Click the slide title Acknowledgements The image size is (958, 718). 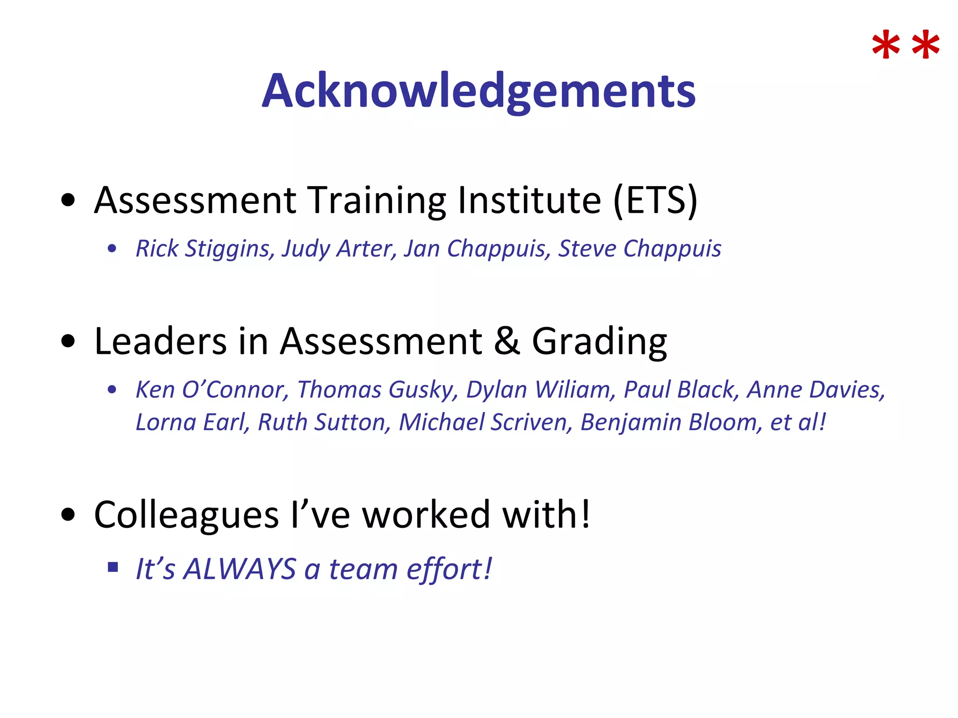(479, 91)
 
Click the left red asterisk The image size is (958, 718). (885, 46)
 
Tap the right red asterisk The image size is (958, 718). (926, 46)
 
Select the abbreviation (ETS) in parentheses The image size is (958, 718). (655, 200)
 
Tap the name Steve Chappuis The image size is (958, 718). (639, 248)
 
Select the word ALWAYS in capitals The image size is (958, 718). (239, 569)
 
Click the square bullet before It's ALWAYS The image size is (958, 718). (113, 567)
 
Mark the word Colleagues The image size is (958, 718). (186, 515)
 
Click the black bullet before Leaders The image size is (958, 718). (68, 341)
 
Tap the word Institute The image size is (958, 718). (529, 200)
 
